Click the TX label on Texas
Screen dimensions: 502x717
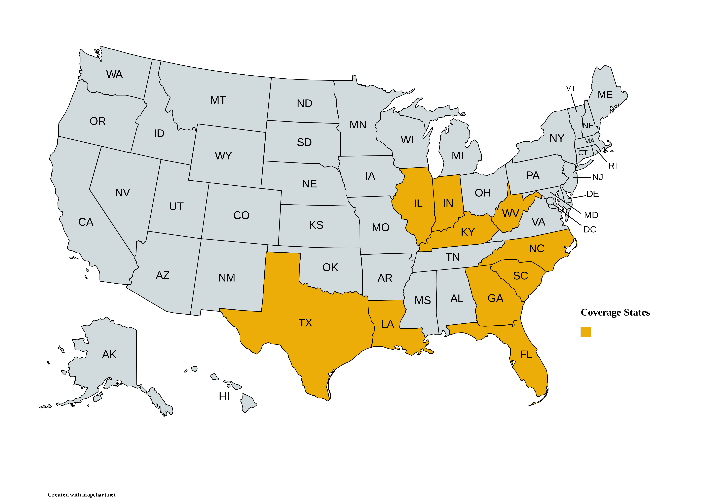(x=305, y=323)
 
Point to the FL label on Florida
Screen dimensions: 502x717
(x=526, y=355)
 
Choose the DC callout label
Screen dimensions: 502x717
(x=590, y=230)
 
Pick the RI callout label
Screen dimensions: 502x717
(x=612, y=166)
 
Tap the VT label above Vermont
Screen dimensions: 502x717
(x=571, y=88)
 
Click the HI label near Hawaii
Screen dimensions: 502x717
(x=224, y=396)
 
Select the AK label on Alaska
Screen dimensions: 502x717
(x=109, y=354)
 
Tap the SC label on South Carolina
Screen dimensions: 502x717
(x=520, y=276)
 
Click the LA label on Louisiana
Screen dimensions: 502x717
(x=388, y=324)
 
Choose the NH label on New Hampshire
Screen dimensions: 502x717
(x=588, y=126)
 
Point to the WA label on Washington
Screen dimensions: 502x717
(x=114, y=74)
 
